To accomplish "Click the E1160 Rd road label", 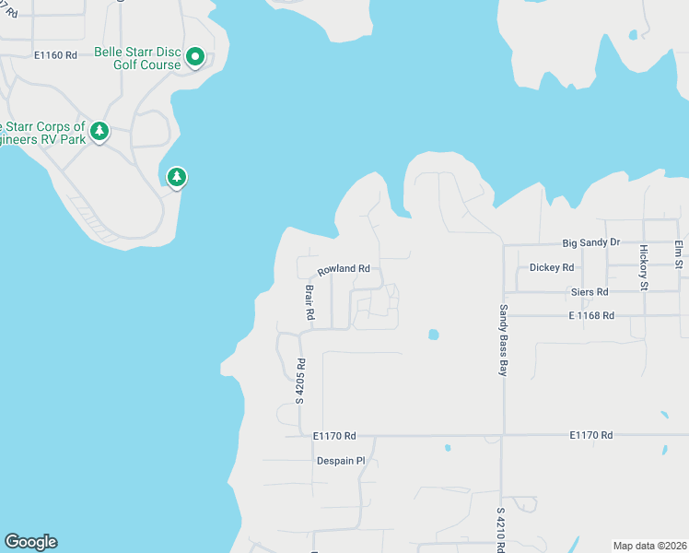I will [55, 55].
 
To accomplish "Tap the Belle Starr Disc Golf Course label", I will [138, 58].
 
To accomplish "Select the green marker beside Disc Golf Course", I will [195, 58].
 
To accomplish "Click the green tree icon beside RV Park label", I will [99, 132].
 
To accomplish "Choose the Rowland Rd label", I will [344, 270].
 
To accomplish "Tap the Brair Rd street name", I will [310, 301].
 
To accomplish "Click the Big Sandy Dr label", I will [591, 242].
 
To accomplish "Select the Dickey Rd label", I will [552, 267].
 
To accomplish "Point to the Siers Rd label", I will [590, 292].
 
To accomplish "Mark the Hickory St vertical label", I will [644, 267].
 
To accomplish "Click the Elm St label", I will [679, 255].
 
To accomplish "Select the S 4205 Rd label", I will [300, 382].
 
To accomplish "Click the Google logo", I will [30, 542].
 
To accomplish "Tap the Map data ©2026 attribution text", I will [649, 546].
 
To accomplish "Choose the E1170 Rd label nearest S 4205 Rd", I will [333, 435].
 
